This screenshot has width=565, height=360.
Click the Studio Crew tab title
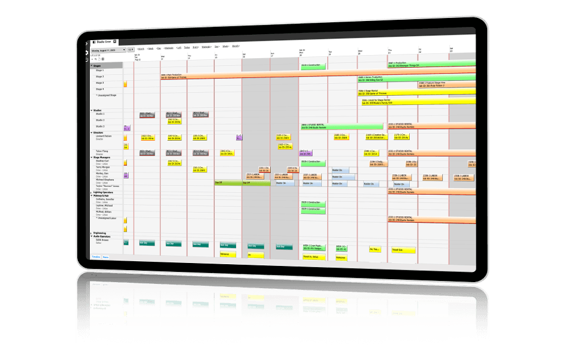pos(104,41)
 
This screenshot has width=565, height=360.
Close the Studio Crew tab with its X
pos(114,41)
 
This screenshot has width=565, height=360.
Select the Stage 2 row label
pos(99,77)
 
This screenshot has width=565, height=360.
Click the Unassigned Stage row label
pos(106,95)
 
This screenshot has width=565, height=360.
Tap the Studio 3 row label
pos(100,126)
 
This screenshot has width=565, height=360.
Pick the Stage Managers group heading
pos(102,157)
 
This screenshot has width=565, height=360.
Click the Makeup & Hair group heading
pos(101,196)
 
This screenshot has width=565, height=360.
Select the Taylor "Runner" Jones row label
pos(108,186)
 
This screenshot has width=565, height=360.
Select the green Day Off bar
pos(228,182)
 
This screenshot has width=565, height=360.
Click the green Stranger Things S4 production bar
pos(431,63)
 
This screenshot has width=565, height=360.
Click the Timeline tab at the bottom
pos(96,256)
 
